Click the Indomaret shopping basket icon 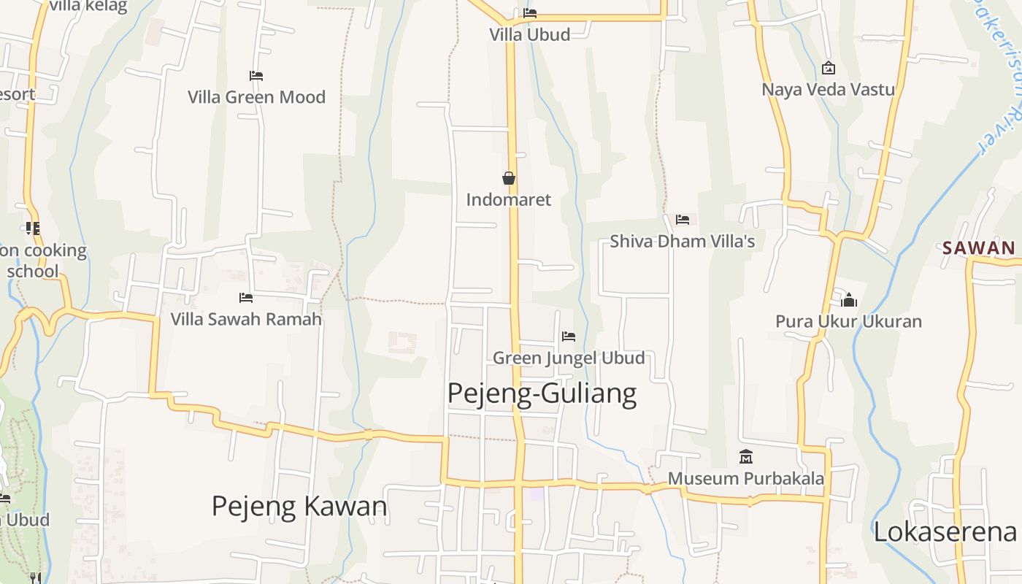coord(509,178)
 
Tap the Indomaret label coord(509,199)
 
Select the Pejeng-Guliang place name coord(542,393)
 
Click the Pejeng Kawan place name coord(299,506)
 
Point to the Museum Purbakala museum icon coord(746,457)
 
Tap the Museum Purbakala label coord(746,478)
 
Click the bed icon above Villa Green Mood coord(256,76)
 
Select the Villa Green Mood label coord(256,97)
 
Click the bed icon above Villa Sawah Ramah coord(246,298)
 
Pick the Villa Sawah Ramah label coord(246,319)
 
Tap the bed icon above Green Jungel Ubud coord(569,337)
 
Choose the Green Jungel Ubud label coord(569,358)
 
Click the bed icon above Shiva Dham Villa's coord(683,219)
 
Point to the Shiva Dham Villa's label coord(683,241)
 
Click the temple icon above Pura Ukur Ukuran coord(849,300)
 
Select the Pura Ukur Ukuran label coord(849,321)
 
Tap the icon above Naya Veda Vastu coord(829,68)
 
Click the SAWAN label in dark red coord(979,247)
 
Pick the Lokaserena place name coord(945,532)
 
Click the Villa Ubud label coord(529,34)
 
